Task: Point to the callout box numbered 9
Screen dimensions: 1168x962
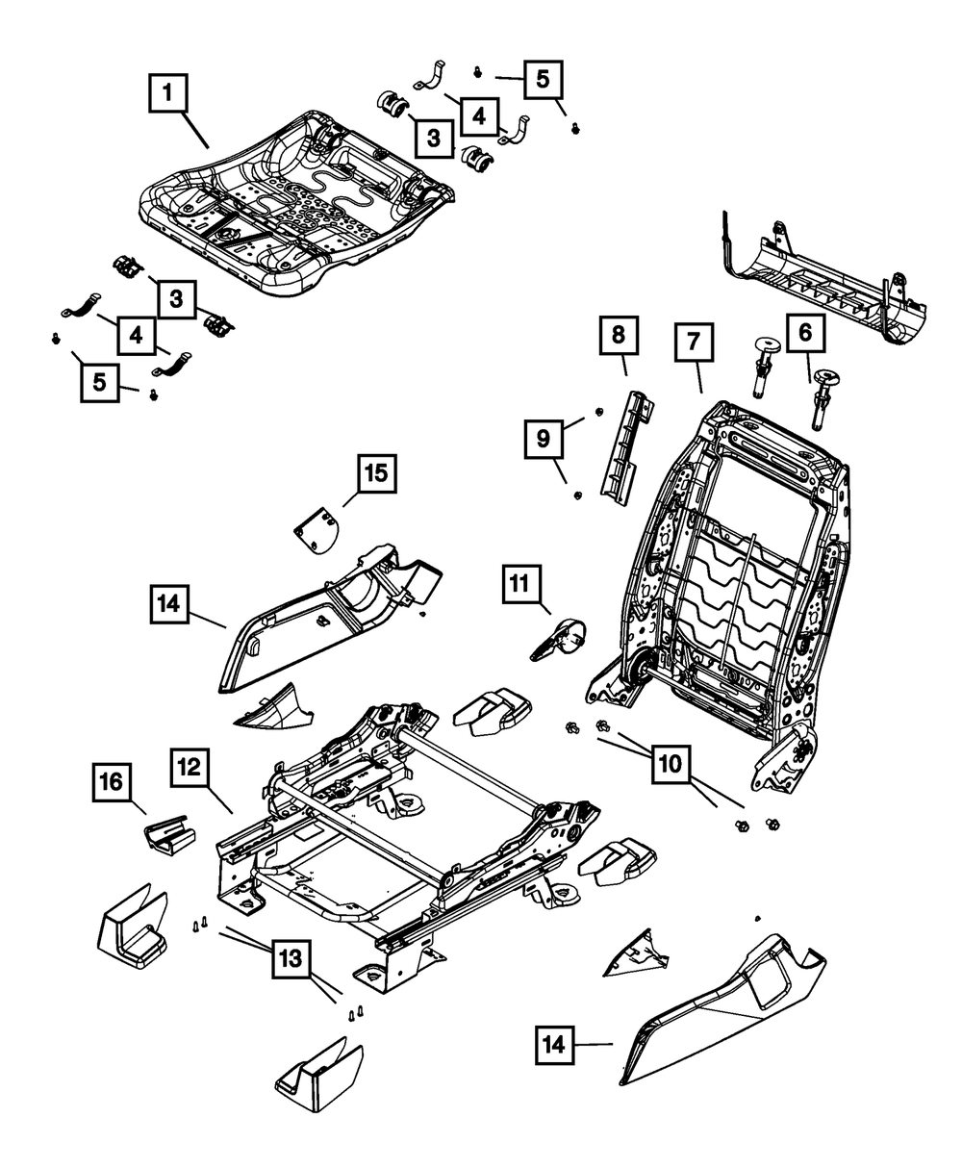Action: coord(544,440)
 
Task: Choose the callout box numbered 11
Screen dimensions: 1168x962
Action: coord(519,583)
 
